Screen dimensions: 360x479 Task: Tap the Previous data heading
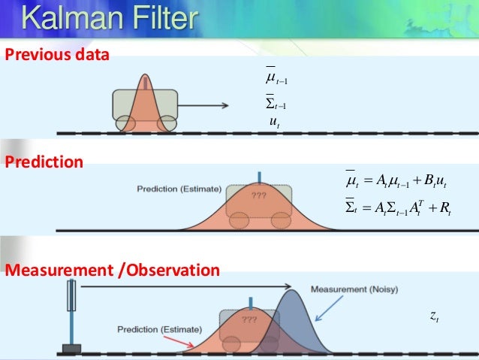pyautogui.click(x=57, y=55)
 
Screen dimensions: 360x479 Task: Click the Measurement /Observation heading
pyautogui.click(x=113, y=270)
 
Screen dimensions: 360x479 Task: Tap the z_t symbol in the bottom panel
pyautogui.click(x=435, y=318)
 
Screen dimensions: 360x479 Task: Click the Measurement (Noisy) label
pyautogui.click(x=345, y=289)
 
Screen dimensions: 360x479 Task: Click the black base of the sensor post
pyautogui.click(x=71, y=348)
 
